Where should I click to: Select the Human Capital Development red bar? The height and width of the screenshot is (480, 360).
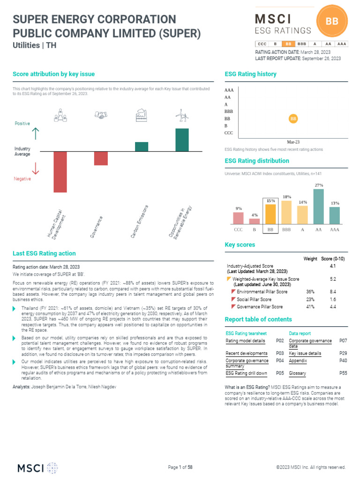(x=60, y=172)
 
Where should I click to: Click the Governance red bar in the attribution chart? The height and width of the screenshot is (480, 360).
(x=101, y=158)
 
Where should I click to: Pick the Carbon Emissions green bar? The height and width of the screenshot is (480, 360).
(x=142, y=147)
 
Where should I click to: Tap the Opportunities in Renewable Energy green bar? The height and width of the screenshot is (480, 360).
(x=182, y=140)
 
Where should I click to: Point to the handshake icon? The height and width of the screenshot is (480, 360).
(x=101, y=115)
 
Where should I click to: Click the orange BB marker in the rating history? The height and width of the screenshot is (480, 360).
(x=293, y=119)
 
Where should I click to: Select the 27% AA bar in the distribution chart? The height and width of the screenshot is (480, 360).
(x=319, y=206)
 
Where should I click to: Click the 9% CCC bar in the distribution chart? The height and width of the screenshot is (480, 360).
(x=239, y=218)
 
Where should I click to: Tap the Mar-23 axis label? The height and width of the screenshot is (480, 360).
(x=293, y=142)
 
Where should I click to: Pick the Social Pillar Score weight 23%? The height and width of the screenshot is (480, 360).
(x=310, y=299)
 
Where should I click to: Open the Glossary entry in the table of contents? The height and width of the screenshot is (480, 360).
(x=298, y=374)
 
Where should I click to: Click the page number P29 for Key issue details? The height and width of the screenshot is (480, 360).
(x=343, y=353)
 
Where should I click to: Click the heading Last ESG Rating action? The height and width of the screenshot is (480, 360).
(x=44, y=254)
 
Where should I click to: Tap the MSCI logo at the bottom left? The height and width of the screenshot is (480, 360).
(x=37, y=467)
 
